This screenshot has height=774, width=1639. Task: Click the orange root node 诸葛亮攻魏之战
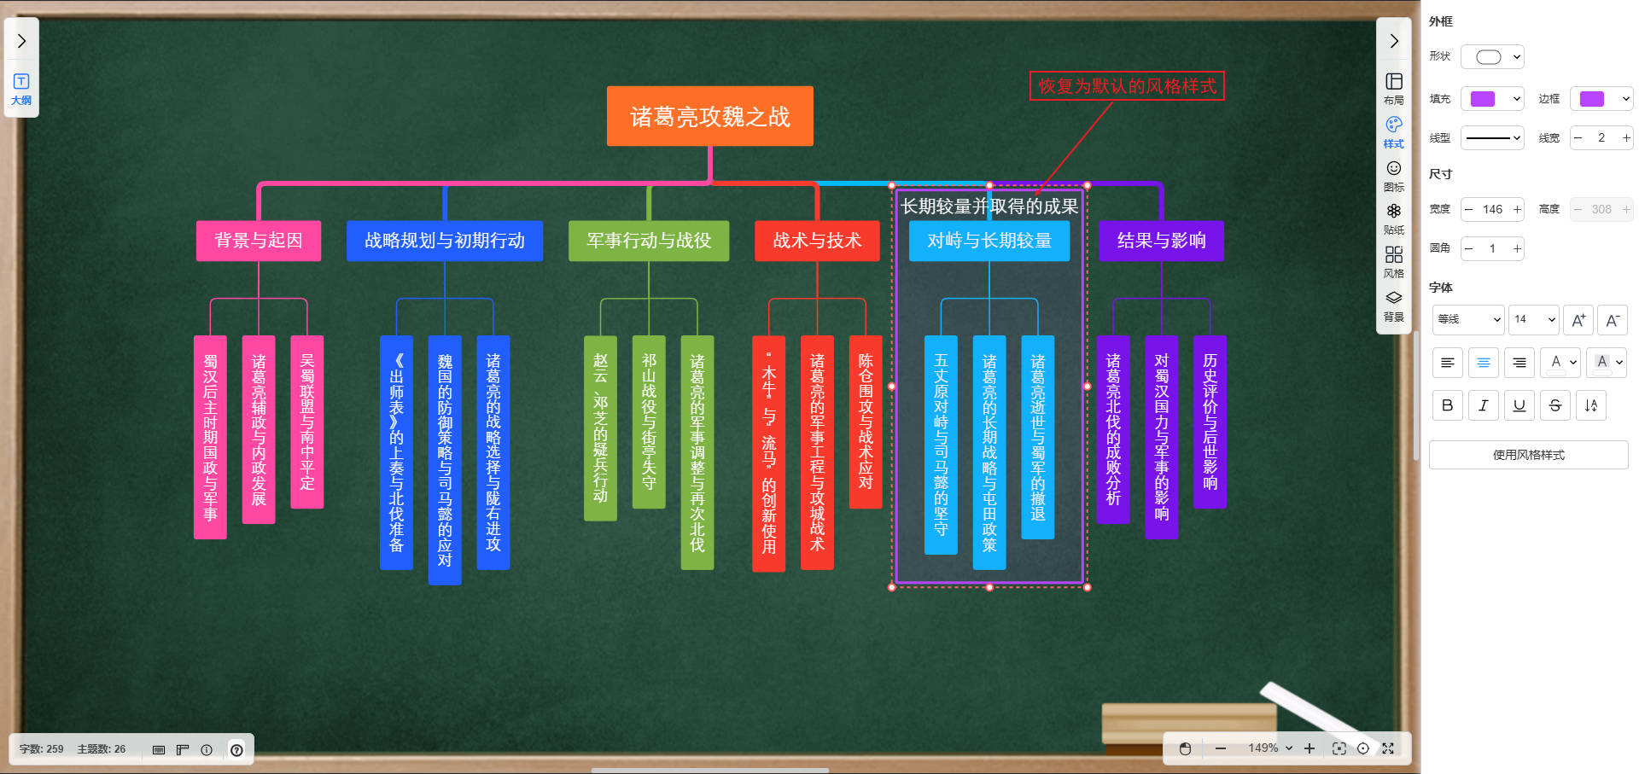[x=709, y=116]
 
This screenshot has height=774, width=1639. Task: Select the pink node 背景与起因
[x=258, y=241]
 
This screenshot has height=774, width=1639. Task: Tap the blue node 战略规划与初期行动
[x=444, y=241]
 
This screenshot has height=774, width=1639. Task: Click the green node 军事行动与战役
[x=649, y=241]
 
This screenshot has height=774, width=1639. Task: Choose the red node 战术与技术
[x=817, y=241]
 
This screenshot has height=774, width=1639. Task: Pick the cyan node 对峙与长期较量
[x=989, y=241]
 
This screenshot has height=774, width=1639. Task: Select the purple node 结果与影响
[x=1161, y=241]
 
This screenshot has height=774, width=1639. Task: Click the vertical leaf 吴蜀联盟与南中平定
[x=307, y=422]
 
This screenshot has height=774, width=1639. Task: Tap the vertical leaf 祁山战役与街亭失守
[x=649, y=422]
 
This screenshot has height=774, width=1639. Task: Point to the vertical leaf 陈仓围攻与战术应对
[x=866, y=422]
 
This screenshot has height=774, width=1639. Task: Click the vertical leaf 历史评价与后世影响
[x=1210, y=422]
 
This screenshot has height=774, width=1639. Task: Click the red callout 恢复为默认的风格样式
[x=1127, y=86]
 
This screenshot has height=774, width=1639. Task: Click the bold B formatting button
[x=1447, y=405]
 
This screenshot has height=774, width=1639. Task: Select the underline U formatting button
[x=1519, y=405]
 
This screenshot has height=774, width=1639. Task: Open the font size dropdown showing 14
[x=1534, y=319]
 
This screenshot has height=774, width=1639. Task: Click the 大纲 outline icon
[x=21, y=88]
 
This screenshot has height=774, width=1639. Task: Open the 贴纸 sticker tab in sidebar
[x=1393, y=218]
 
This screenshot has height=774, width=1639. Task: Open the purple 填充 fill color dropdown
[x=1492, y=99]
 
